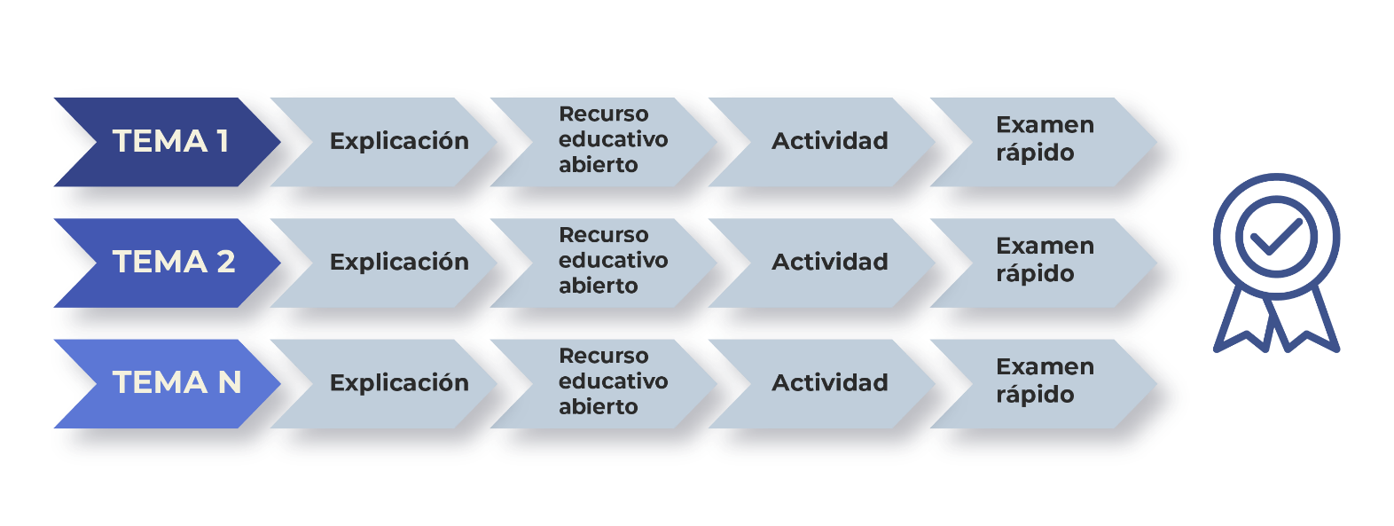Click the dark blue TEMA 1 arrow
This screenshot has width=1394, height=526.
coord(168,142)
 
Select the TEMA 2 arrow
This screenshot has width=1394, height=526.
coord(168,263)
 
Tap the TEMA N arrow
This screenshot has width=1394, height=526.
coord(168,383)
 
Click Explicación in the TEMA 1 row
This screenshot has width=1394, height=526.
coord(399,141)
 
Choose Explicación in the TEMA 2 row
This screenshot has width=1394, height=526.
coord(399,262)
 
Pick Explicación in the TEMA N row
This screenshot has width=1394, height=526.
coord(399,383)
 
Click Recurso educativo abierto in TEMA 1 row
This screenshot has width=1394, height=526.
coord(613,139)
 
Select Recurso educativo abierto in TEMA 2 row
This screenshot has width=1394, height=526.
coord(613,260)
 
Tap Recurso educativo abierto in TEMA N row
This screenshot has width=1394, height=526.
coord(613,381)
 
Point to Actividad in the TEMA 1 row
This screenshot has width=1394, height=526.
coord(829,141)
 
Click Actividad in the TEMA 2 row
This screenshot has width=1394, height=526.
coord(829,262)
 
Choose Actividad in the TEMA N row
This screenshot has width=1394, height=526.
coord(829,382)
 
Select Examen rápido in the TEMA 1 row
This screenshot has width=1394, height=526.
coord(1045,138)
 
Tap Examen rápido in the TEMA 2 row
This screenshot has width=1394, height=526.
coord(1045,260)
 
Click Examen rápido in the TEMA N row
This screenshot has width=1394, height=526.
coord(1045,381)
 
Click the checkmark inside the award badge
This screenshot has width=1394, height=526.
coord(1276,237)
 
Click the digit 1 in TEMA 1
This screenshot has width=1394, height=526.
coord(223,141)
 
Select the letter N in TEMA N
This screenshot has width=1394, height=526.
coord(230,382)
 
